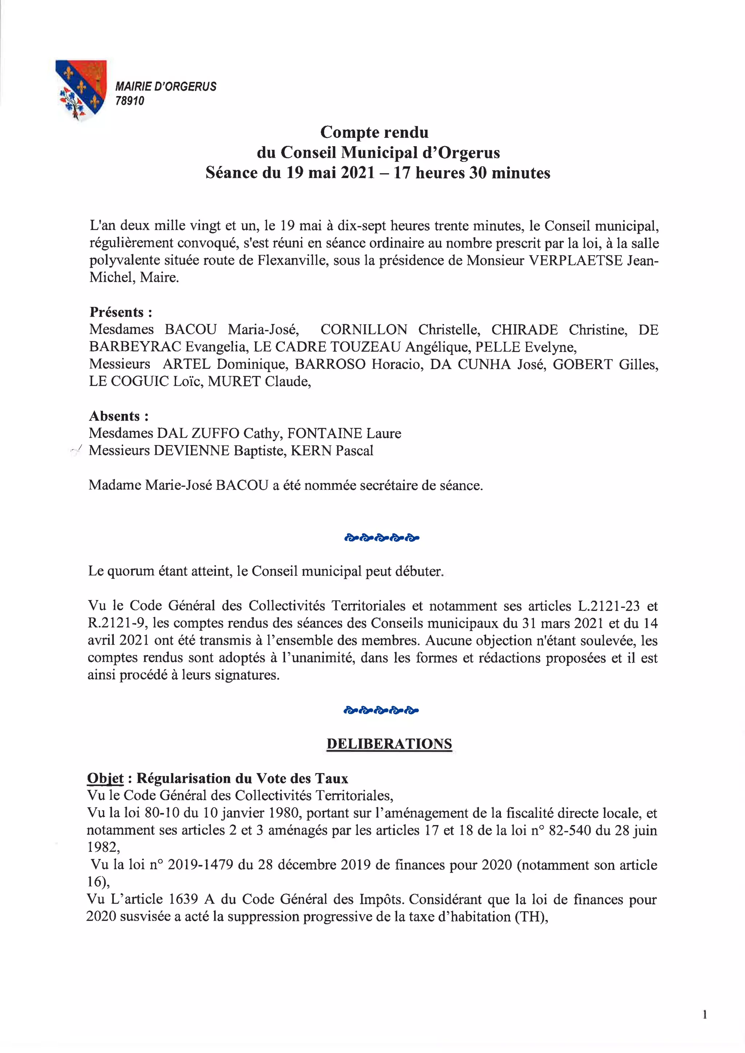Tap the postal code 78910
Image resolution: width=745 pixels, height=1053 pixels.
(130, 101)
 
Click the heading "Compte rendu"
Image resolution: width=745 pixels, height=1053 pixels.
(374, 132)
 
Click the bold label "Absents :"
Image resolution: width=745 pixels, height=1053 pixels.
(118, 416)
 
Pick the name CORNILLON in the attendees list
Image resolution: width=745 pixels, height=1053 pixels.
(363, 330)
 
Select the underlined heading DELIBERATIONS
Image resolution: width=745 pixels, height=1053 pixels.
(389, 744)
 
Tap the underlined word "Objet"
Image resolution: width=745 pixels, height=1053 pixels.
(105, 778)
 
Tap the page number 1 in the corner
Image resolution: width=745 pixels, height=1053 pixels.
(704, 1015)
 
